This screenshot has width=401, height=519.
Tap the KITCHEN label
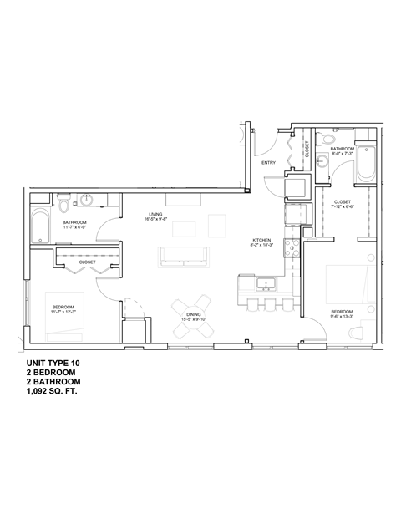click(261, 241)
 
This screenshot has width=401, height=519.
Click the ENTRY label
click(268, 163)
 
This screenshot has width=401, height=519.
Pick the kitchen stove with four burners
click(292, 247)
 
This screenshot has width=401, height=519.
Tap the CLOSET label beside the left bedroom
click(88, 262)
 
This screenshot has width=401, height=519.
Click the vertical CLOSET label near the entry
click(307, 150)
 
